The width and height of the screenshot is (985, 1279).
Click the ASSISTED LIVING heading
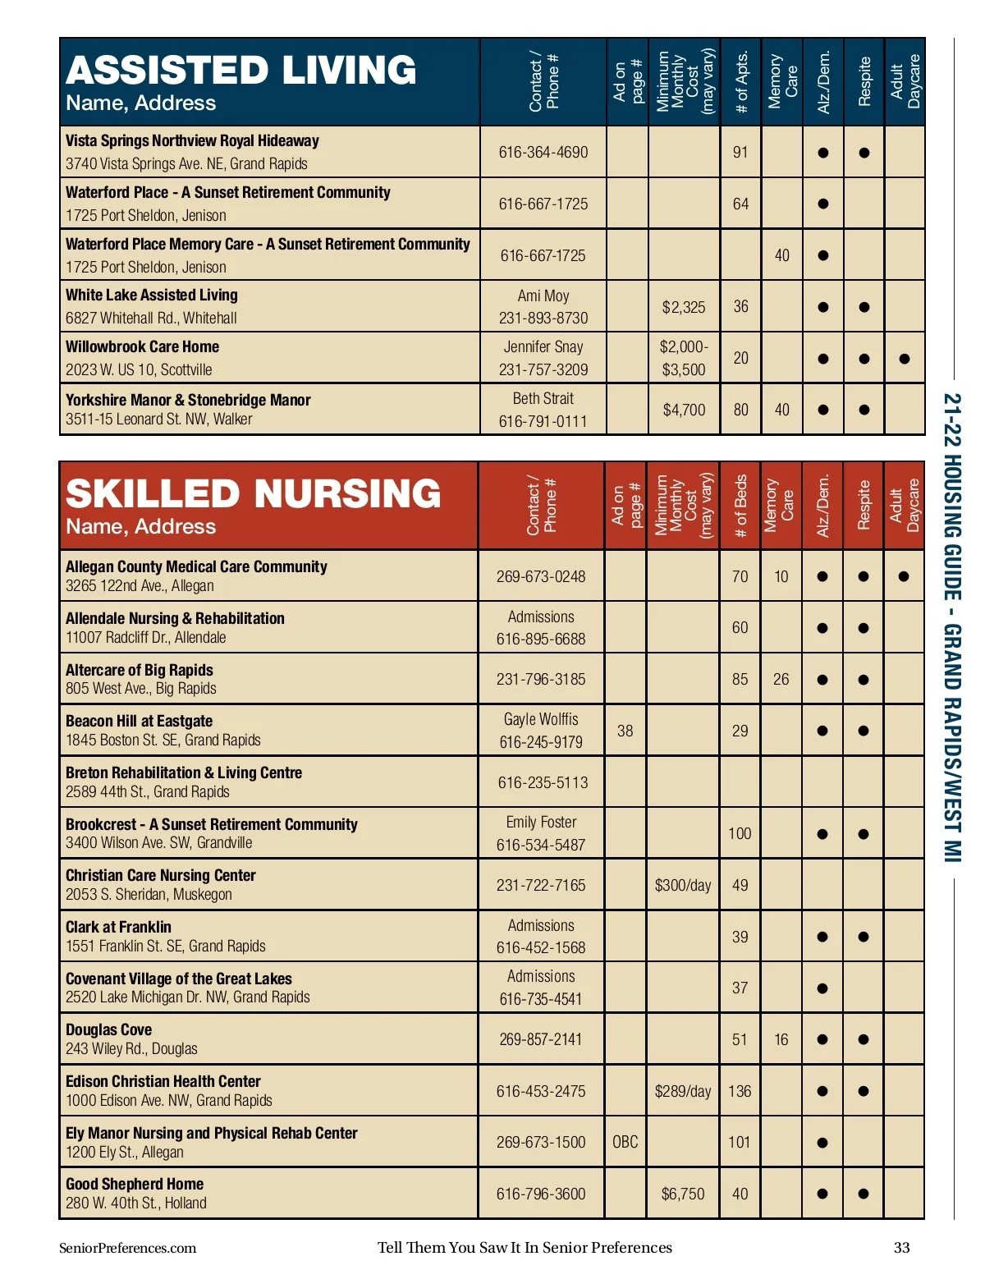click(241, 71)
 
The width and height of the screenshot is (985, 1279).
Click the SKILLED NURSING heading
click(253, 494)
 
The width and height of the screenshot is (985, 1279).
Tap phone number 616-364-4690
click(543, 152)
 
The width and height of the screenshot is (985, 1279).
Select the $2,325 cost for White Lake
click(683, 307)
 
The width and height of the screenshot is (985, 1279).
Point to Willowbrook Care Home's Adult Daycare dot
click(904, 359)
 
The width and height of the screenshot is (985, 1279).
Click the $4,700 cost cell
click(683, 410)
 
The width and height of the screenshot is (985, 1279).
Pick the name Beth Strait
click(543, 399)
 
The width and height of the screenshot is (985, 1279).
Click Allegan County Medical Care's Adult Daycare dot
click(904, 576)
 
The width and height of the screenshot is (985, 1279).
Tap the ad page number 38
click(625, 731)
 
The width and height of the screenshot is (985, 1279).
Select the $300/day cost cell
click(682, 885)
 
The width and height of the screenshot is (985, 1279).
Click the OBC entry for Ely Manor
click(625, 1142)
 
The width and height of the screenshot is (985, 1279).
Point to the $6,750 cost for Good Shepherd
click(682, 1194)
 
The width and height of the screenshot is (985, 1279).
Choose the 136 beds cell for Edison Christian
click(740, 1091)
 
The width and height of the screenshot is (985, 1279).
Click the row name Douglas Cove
click(109, 1029)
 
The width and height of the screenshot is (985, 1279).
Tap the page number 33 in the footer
click(901, 1248)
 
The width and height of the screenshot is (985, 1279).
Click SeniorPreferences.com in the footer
click(127, 1248)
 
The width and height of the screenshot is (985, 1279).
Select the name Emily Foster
click(541, 823)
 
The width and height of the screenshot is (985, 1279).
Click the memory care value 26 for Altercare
click(781, 679)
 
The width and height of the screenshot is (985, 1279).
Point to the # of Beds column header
click(740, 506)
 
